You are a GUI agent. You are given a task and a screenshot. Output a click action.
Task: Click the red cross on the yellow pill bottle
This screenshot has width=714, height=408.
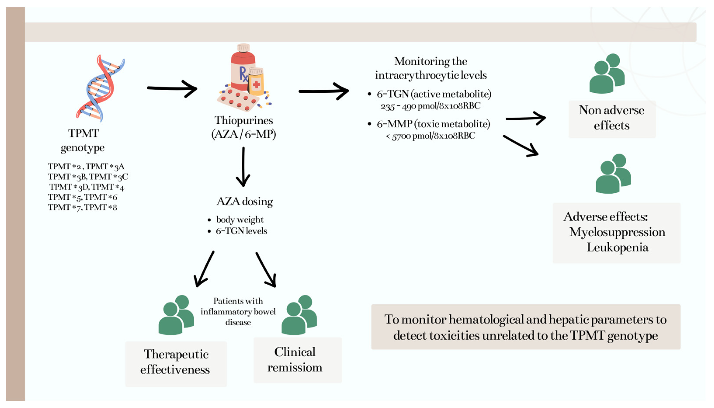[x=256, y=84]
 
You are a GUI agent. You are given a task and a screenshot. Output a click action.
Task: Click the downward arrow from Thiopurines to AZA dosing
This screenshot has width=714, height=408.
[x=243, y=167]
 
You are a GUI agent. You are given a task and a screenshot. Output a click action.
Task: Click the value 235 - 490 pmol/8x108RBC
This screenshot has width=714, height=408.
[x=430, y=106]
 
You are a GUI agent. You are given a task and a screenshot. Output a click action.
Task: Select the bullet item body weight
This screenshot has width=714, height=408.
[x=239, y=219]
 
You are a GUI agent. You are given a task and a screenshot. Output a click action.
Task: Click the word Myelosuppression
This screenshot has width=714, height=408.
[x=617, y=232]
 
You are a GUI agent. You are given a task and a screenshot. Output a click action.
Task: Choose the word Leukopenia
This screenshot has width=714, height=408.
[x=617, y=247]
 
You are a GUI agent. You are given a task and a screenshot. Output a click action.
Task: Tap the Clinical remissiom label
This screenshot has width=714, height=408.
[x=295, y=360]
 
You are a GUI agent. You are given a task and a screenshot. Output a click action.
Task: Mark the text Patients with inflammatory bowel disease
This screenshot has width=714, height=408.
[x=238, y=312]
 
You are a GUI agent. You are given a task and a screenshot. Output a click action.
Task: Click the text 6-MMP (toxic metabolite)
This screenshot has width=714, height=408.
[x=433, y=124]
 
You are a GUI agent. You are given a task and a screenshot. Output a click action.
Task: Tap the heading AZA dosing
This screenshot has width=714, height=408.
[x=244, y=201]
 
